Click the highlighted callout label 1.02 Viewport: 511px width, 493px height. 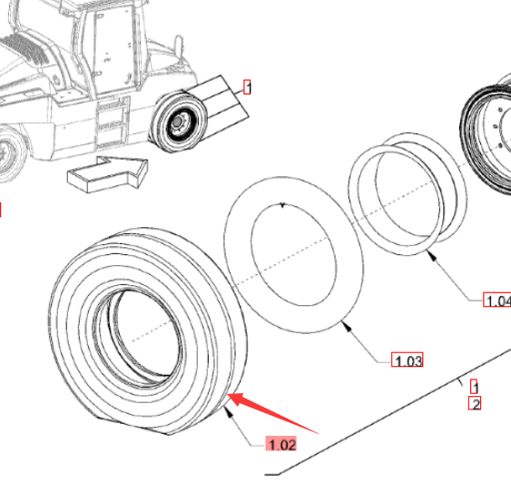click(x=281, y=444)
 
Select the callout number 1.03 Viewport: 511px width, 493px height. click(x=408, y=360)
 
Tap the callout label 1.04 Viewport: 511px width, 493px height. click(x=497, y=300)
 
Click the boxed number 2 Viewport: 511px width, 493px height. click(x=475, y=404)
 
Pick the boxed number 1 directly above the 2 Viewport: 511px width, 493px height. click(x=474, y=387)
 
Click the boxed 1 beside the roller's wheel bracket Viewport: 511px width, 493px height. click(x=247, y=87)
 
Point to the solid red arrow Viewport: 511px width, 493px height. click(x=272, y=413)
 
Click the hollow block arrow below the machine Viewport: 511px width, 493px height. click(x=107, y=174)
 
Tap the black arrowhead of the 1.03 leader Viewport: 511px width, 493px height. click(x=347, y=326)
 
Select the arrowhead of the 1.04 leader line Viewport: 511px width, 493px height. click(x=432, y=254)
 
